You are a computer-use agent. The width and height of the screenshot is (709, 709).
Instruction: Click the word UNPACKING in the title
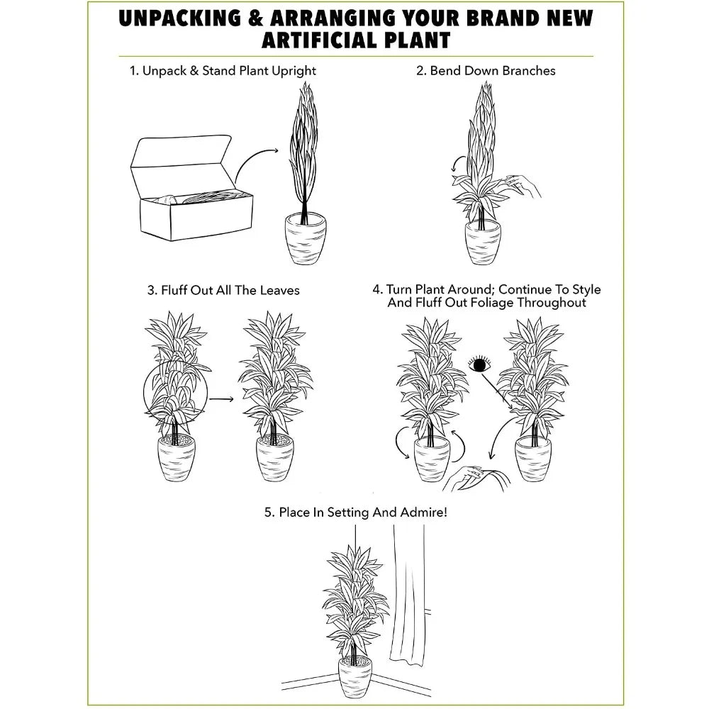point(180,18)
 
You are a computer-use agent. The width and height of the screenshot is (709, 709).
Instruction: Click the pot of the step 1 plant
point(305,238)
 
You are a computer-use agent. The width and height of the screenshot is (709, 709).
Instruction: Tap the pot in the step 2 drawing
point(482,242)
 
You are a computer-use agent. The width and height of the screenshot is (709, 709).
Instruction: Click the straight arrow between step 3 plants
point(221,398)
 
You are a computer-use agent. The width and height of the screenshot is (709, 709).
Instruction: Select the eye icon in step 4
point(479,364)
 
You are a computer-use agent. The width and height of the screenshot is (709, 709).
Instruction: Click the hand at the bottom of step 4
point(475,479)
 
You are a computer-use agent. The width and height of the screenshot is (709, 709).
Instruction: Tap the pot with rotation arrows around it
point(432,460)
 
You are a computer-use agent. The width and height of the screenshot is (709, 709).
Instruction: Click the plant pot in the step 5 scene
point(355,676)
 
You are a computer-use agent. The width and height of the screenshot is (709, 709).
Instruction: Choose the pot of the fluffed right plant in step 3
point(275,458)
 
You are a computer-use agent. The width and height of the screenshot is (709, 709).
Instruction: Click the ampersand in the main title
point(255,18)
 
